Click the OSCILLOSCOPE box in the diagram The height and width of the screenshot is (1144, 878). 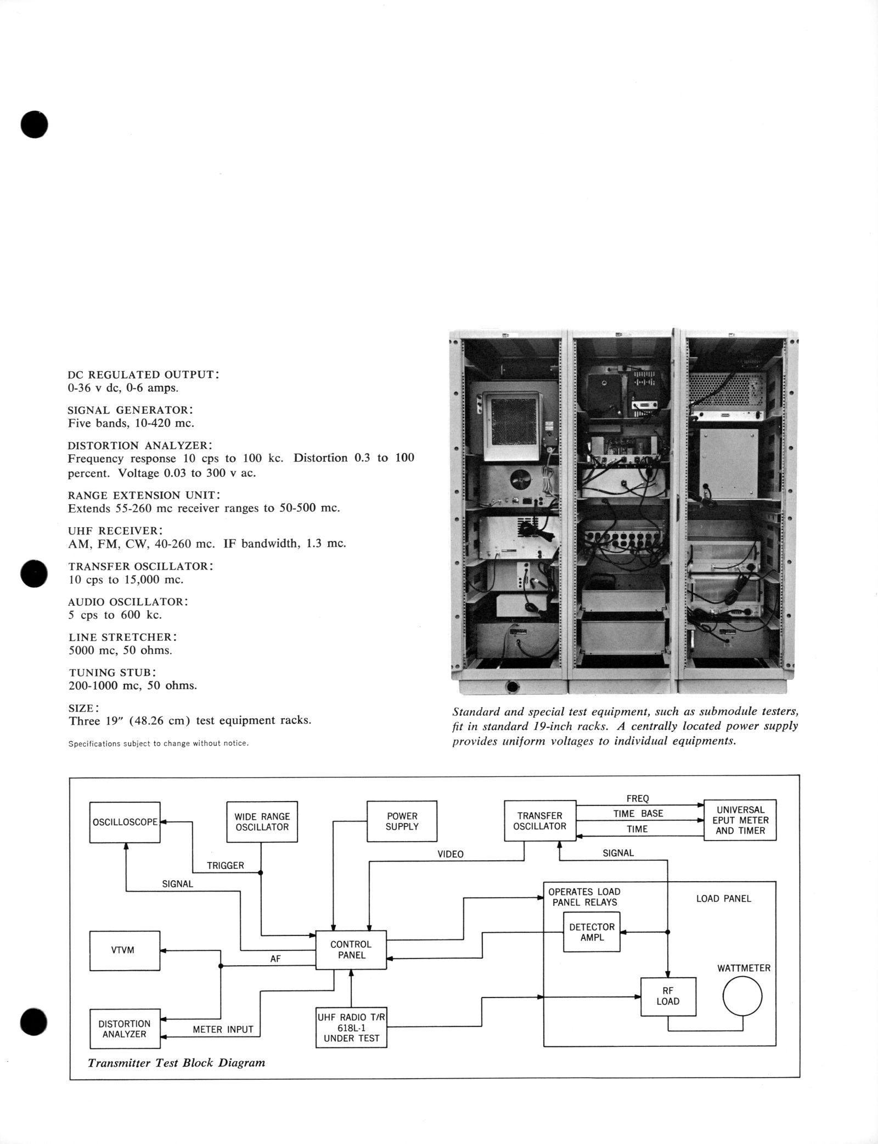tap(125, 822)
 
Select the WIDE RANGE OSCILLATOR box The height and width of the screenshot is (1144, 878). tap(262, 821)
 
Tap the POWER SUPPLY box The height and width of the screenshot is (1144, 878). tap(402, 821)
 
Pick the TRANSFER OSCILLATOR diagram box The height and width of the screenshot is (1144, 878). tap(540, 821)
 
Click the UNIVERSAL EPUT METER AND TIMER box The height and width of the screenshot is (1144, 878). tap(740, 820)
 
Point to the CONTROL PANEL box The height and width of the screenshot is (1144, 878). tap(351, 949)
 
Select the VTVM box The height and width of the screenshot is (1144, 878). tap(125, 950)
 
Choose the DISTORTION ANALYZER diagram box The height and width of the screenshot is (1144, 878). tap(125, 1029)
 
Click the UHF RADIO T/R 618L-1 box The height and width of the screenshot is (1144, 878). tap(351, 1028)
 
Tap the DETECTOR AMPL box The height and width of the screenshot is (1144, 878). tap(592, 932)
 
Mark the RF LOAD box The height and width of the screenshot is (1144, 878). tap(668, 996)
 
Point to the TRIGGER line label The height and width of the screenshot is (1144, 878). tap(226, 865)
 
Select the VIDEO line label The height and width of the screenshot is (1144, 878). tap(451, 854)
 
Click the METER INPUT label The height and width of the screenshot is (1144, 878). tap(223, 1029)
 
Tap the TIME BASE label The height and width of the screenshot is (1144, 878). tap(638, 814)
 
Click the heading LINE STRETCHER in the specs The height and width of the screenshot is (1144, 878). tap(123, 638)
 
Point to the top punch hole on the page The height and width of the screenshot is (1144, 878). tap(35, 124)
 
